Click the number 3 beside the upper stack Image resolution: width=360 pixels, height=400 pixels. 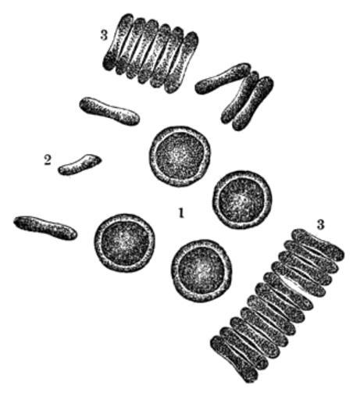(x=104, y=35)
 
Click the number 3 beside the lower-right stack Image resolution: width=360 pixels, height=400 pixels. (x=320, y=224)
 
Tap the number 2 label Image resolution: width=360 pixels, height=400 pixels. (x=48, y=160)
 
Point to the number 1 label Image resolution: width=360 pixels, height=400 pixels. (x=181, y=212)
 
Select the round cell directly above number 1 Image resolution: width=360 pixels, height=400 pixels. (x=180, y=156)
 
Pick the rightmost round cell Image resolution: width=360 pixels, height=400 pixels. (x=242, y=200)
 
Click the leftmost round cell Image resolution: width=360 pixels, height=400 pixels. (x=124, y=243)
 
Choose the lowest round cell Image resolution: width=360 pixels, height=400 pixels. (x=201, y=271)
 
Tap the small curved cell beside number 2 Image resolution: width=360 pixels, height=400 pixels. (x=79, y=165)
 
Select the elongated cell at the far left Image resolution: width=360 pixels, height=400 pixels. (x=45, y=227)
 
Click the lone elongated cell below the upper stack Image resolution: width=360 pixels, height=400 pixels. (x=109, y=111)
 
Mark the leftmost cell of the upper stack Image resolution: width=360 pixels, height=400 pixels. (x=118, y=41)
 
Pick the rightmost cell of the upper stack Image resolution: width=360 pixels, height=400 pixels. (x=182, y=62)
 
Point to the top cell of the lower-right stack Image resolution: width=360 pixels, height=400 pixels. (x=318, y=245)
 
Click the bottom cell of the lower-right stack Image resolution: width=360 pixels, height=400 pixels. (x=234, y=359)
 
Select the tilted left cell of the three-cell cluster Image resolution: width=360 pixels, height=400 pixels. (x=223, y=78)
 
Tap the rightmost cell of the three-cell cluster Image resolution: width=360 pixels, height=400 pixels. (x=253, y=104)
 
